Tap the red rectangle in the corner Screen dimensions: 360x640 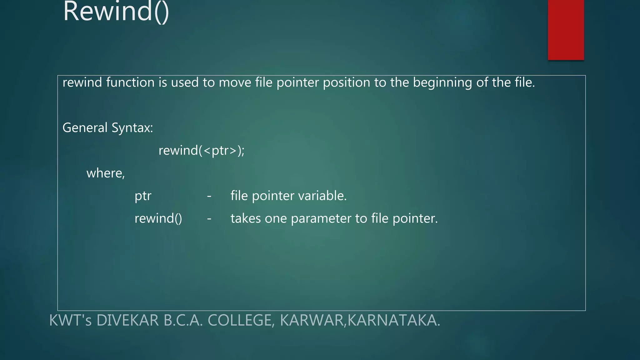click(566, 30)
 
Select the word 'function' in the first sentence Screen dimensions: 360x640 click(130, 82)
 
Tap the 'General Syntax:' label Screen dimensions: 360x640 click(108, 128)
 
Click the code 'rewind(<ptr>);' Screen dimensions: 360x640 click(202, 151)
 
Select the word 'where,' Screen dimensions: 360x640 click(106, 173)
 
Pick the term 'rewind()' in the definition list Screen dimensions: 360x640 click(158, 218)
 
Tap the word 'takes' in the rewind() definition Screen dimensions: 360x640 click(246, 218)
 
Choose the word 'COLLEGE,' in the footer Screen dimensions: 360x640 click(241, 321)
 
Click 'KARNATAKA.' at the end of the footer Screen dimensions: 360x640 click(394, 320)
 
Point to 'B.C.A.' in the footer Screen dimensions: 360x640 click(183, 320)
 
